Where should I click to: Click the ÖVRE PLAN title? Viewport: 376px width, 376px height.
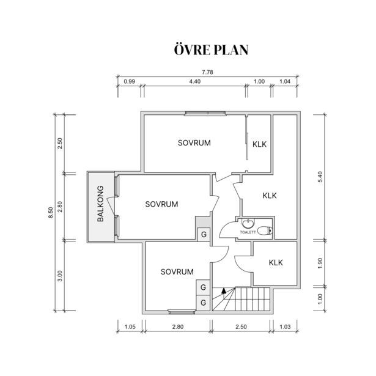coord(211,50)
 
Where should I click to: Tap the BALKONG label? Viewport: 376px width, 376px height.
coord(101,204)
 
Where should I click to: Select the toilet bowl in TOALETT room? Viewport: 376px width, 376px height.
coord(265,230)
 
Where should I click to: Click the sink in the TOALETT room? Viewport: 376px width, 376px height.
coord(248,224)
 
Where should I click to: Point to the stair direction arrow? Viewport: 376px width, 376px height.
coord(224,290)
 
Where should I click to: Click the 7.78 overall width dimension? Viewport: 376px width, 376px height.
coord(207,72)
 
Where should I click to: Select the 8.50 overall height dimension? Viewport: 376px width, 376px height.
coord(51,213)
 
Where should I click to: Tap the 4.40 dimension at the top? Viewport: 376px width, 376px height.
coord(194,81)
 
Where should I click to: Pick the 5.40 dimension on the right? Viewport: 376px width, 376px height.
coord(320,177)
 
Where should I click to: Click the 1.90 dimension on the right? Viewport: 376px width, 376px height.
coord(320,264)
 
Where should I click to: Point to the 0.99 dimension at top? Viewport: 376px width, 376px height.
coord(129,81)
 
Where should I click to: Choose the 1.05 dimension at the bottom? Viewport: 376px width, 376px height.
coord(130,327)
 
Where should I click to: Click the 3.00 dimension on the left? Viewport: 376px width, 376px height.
coord(60,276)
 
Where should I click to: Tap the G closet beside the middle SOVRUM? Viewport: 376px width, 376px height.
coord(204,234)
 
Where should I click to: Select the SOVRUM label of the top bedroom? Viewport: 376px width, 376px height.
coord(194,143)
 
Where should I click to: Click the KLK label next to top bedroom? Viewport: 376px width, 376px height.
coord(259,144)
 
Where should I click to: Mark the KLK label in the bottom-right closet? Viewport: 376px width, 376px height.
coord(276,262)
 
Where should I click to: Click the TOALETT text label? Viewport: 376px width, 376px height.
coord(248,232)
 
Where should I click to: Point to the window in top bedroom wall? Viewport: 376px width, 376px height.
coord(205,113)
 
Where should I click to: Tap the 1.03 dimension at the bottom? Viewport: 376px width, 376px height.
coord(285,327)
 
